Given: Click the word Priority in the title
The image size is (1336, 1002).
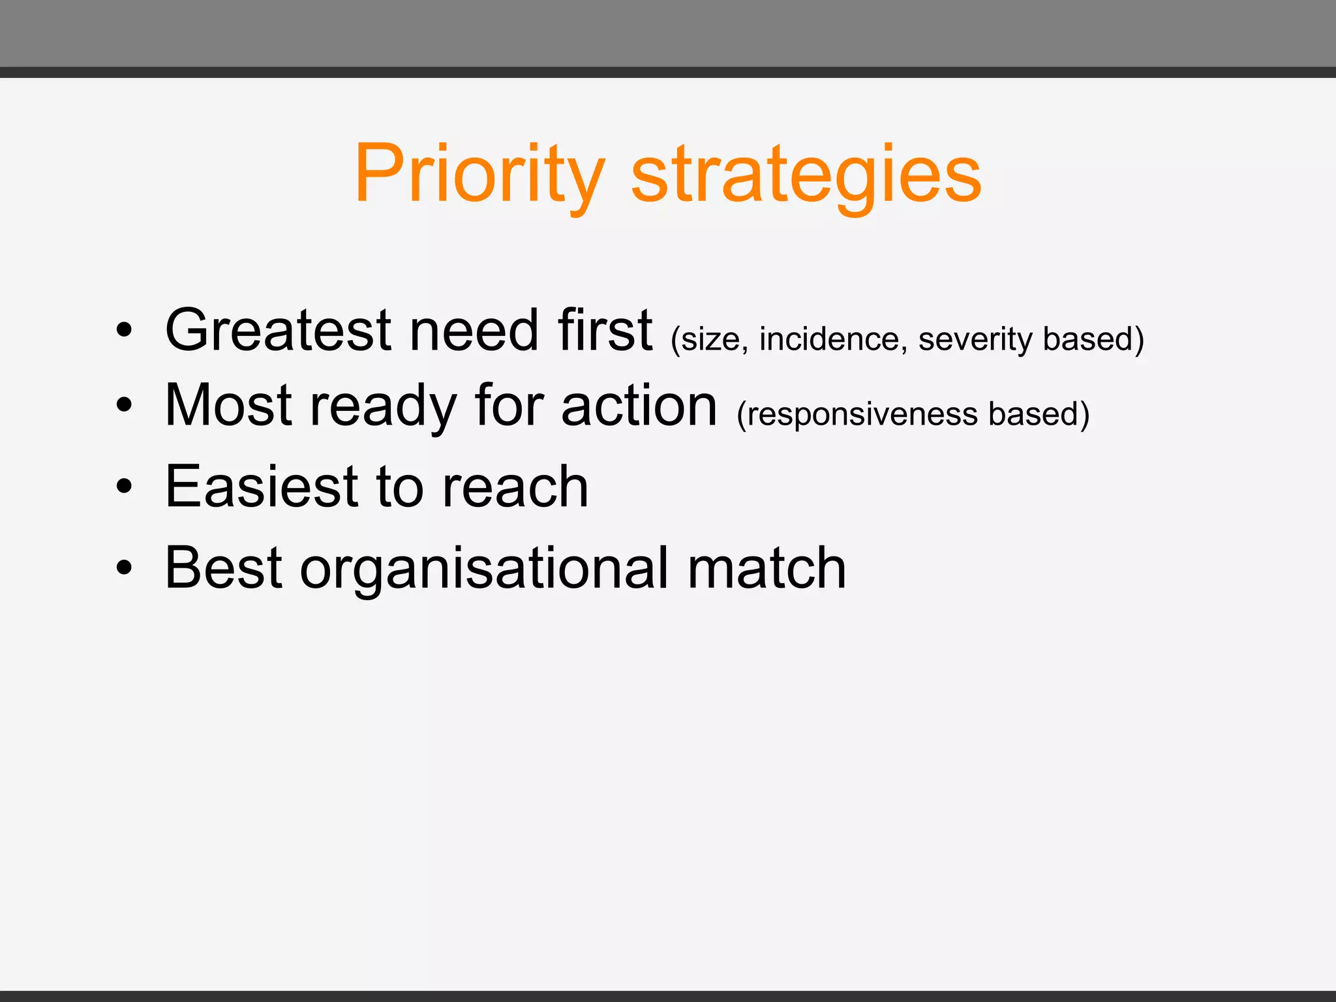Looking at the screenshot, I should pos(479,175).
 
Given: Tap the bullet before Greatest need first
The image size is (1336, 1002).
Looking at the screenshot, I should pos(124,330).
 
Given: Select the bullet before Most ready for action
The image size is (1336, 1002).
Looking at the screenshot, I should pos(124,406).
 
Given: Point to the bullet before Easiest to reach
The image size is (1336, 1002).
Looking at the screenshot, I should pos(124,487).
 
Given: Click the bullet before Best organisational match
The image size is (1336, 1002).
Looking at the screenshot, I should pos(124,568).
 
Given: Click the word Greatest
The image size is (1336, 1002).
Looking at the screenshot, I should pos(279,330).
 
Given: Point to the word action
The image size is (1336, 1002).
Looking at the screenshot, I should pos(639,406).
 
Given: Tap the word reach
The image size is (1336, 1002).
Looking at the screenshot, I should pos(515,487).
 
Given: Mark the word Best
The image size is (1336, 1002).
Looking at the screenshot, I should pos(224,568).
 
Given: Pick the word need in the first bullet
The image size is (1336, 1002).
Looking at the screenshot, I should pos(474,330).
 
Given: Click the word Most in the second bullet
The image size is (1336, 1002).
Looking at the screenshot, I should pos(228,406).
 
